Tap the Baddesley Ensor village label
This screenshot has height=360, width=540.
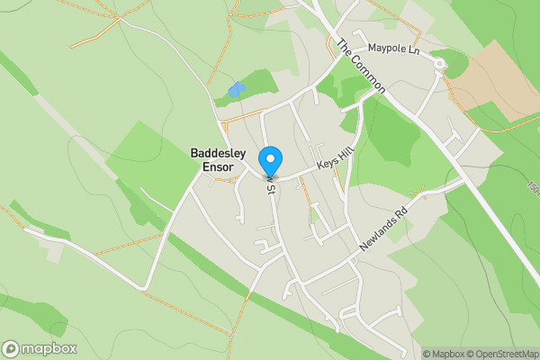218,160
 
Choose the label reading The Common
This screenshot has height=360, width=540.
361,67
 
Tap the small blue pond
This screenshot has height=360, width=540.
236,90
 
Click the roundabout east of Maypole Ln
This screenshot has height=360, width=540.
440,64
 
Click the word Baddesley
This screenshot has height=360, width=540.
218,154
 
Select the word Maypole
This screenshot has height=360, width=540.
386,49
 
